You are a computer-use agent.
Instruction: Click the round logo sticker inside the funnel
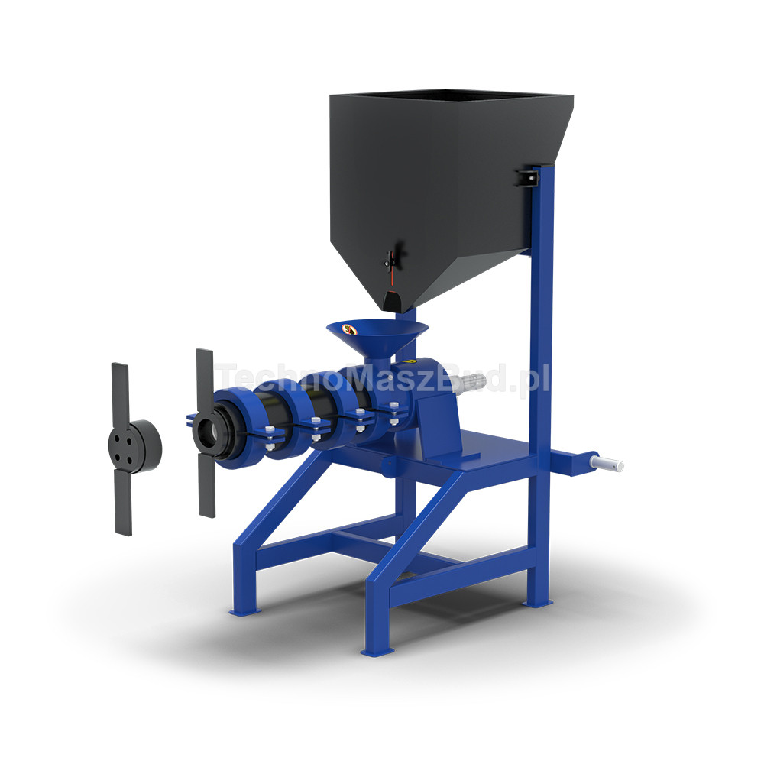pos(349,329)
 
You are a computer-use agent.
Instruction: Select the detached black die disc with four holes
pos(134,447)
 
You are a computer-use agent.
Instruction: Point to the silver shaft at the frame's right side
pos(607,464)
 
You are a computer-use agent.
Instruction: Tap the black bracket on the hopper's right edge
pos(527,178)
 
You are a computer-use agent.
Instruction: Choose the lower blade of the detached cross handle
pos(123,503)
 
